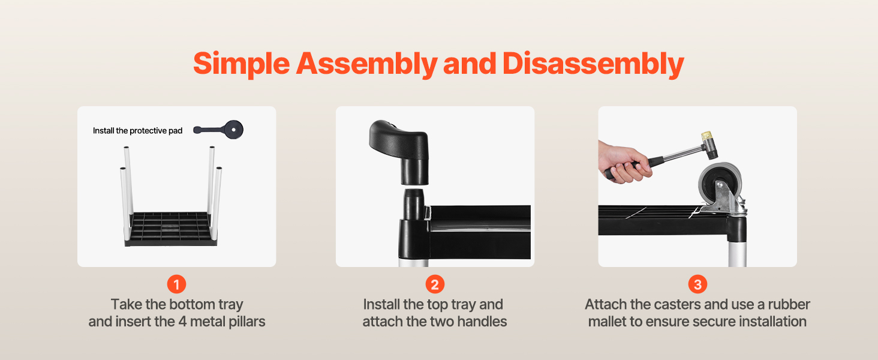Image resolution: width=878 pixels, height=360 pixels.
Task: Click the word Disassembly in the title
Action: pos(593,64)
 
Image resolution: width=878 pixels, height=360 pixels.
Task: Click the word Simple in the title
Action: pos(242,64)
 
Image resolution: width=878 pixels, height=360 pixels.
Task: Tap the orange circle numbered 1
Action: pos(176,284)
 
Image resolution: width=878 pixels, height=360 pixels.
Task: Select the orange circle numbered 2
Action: pos(435,284)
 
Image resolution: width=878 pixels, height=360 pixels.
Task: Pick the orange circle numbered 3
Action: pos(697,284)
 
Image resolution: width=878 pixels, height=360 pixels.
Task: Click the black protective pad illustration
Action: pos(219,130)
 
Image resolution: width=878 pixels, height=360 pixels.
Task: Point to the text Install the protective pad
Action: pos(137,131)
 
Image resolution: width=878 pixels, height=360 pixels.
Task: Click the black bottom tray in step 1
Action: pos(171,229)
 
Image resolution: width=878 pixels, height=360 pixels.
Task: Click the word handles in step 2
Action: pos(482,322)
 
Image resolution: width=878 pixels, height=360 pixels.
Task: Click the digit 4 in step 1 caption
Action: pos(182,322)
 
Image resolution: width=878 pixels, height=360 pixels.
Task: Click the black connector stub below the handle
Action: pos(414,205)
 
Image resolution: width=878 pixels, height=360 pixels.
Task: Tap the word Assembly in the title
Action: pos(366,64)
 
